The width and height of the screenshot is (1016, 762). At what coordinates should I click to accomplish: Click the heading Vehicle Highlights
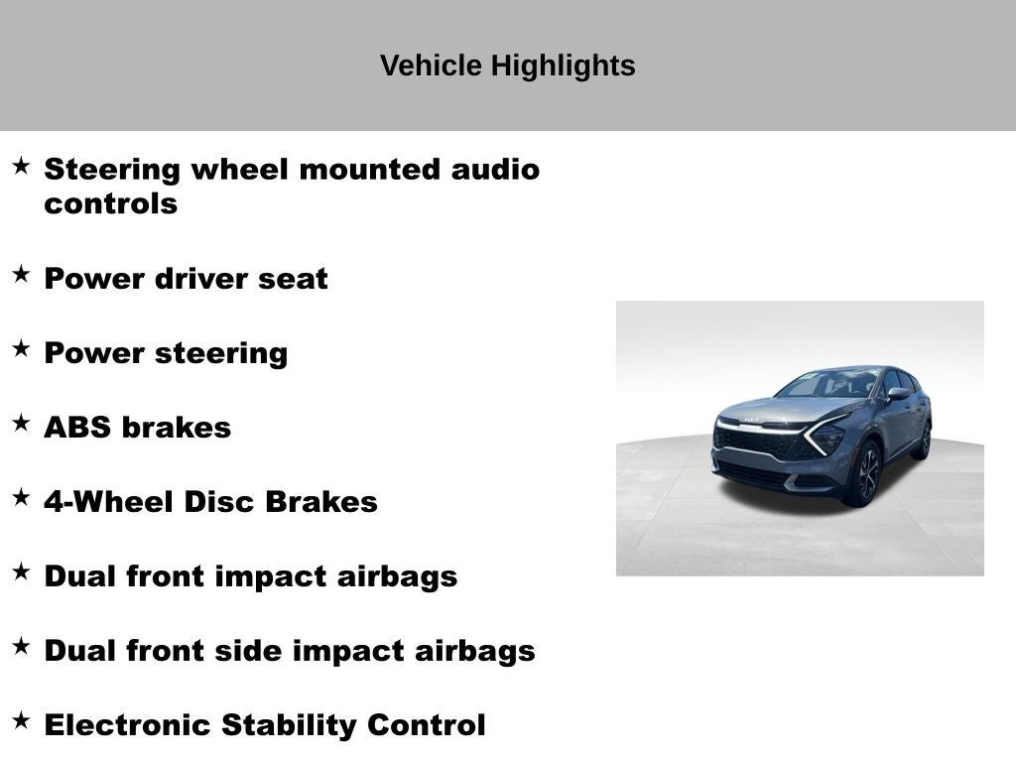point(507,65)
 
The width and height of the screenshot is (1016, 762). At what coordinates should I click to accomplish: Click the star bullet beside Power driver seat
point(21,275)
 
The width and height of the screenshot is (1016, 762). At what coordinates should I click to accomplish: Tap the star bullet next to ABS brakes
point(21,424)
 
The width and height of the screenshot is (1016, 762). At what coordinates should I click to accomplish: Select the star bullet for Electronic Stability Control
point(21,721)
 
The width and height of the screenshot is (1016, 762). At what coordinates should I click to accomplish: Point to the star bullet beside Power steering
point(21,349)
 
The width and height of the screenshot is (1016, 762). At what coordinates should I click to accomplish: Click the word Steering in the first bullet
point(112,169)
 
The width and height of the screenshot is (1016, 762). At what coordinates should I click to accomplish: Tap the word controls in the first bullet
point(110,203)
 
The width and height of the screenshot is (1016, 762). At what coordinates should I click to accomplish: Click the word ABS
point(77,428)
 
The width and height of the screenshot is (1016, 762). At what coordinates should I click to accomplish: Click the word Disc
point(219,502)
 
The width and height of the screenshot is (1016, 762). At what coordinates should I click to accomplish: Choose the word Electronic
point(128,725)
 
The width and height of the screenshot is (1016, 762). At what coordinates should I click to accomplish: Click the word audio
point(495,169)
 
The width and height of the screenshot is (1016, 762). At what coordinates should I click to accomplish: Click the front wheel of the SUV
point(867,473)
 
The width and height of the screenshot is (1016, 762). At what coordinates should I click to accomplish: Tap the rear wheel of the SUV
point(924,440)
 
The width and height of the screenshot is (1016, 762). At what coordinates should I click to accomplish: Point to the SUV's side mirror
point(898,395)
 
